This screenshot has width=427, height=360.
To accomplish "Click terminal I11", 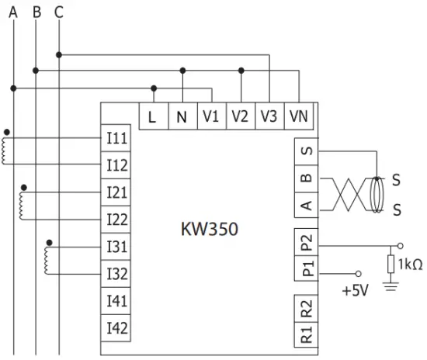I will click(117, 138).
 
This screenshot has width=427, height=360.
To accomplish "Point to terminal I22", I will click(117, 220).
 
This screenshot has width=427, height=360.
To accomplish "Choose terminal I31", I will click(117, 247).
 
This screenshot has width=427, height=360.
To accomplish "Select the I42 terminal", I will click(117, 327).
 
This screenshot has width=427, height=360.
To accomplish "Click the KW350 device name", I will click(209, 230).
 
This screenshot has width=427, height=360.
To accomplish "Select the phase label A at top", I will click(13, 12).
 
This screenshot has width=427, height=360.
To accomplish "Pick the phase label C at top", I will click(60, 12).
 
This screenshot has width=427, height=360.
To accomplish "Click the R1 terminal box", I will click(307, 334).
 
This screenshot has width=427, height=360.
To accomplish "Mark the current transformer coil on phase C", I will click(51, 260).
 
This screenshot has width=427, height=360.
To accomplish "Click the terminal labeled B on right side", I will click(307, 178).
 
